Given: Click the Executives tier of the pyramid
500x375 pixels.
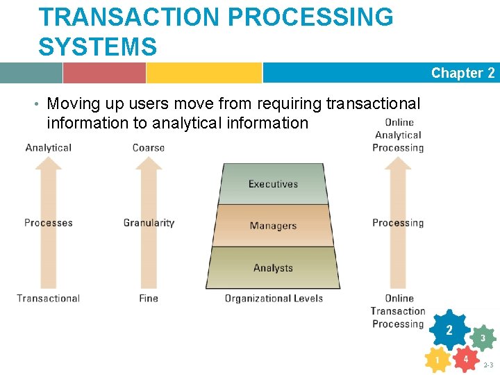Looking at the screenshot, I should tap(273, 184).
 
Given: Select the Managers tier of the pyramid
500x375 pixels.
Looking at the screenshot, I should tap(273, 226).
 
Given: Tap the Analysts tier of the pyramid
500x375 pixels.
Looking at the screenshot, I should tap(273, 268).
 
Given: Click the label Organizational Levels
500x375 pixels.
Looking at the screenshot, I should tap(274, 299).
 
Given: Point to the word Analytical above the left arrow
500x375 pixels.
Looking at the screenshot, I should tap(48, 148).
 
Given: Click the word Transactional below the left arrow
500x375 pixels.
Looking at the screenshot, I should tap(48, 299).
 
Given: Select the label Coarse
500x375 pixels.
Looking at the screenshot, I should tap(149, 148).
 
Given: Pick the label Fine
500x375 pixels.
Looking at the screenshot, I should tap(149, 299).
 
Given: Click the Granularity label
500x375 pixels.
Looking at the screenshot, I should tap(149, 223).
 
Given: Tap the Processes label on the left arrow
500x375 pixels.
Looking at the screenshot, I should tap(48, 223).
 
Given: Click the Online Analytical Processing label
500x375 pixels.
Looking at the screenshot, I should tap(398, 135).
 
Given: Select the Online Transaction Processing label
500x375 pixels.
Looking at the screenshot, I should tap(398, 311).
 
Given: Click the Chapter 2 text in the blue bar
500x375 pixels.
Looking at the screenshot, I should tap(462, 73).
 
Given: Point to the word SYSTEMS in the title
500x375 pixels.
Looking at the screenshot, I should tap(98, 47).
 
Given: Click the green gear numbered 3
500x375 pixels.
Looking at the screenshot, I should tap(483, 338).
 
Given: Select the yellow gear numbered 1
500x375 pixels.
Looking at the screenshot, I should tap(437, 360).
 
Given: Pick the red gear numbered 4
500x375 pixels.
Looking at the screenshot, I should tap(465, 359).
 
